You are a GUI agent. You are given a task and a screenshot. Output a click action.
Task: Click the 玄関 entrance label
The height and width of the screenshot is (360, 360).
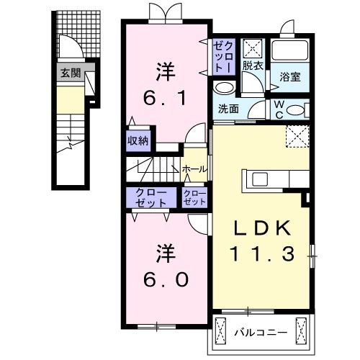[70, 72]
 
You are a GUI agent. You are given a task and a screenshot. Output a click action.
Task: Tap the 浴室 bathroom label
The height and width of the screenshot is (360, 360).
[289, 75]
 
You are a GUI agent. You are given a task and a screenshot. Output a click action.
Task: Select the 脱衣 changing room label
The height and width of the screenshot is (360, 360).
[252, 66]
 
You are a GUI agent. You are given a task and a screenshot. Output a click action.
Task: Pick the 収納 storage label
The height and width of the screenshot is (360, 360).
[138, 140]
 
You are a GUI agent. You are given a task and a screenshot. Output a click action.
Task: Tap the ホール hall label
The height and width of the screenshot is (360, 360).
[194, 169]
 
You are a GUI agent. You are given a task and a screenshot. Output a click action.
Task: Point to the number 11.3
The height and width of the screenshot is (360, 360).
[261, 253]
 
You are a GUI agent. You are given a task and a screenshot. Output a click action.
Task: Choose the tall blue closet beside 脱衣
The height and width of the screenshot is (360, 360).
[221, 55]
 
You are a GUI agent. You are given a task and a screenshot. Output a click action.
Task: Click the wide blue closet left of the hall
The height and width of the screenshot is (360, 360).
[150, 198]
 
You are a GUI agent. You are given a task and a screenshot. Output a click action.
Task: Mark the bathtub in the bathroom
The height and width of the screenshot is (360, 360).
[290, 51]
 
